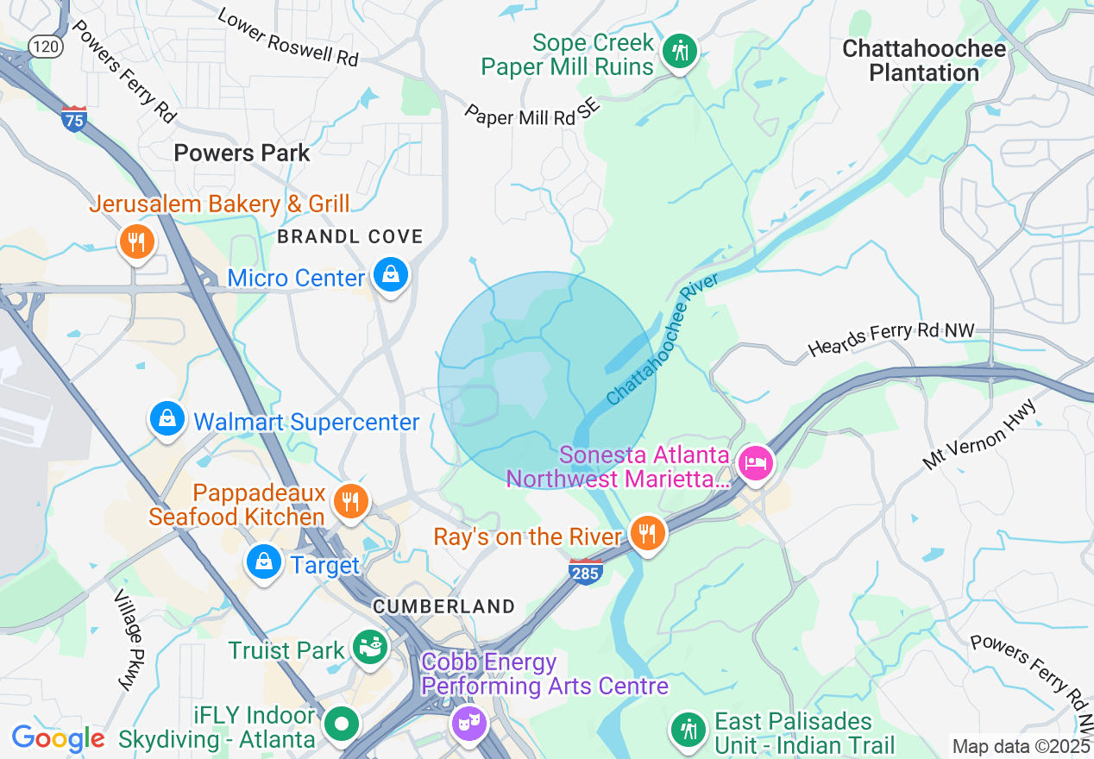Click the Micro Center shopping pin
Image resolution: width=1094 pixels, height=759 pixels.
coord(391,277)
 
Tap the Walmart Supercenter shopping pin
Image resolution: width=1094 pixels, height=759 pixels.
coord(167,420)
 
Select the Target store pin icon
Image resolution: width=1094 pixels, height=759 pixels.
coord(264,562)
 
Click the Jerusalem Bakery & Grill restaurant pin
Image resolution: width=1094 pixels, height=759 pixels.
coord(136,241)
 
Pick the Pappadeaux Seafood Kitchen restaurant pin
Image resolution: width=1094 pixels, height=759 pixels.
coord(350,502)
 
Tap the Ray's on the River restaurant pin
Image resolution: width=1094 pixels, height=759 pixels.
coord(646,535)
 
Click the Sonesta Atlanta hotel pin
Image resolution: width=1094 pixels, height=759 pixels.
coord(756,463)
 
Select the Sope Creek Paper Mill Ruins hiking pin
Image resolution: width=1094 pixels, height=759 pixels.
coord(680,51)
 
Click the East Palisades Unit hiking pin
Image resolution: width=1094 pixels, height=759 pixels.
coord(688,730)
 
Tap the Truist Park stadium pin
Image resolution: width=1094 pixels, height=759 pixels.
coord(371,649)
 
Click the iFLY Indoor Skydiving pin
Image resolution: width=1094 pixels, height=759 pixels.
coord(343,724)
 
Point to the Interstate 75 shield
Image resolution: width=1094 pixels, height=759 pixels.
coord(74,118)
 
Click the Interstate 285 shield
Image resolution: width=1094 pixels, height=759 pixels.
coord(585,571)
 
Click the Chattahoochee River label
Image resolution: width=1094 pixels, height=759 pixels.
coord(651,342)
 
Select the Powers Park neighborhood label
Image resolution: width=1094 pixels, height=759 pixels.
coord(242,154)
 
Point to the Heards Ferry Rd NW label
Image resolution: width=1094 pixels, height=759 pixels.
coord(890,339)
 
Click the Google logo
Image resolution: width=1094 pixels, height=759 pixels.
coord(58,738)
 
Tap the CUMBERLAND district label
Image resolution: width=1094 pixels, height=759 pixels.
coord(443,606)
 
